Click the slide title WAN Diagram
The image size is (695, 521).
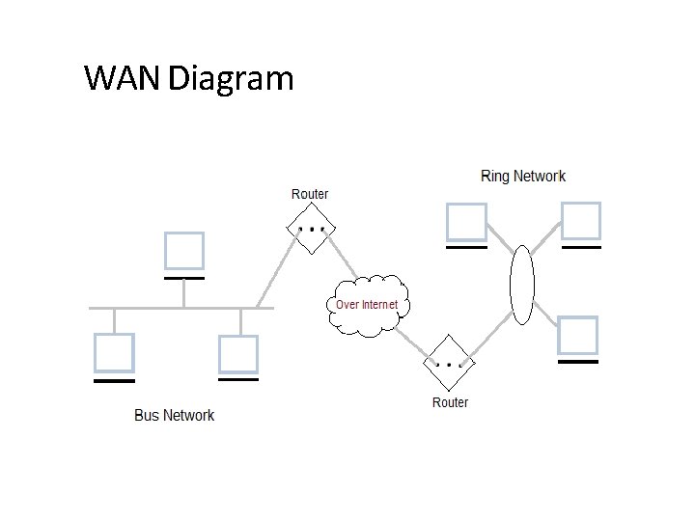(x=188, y=77)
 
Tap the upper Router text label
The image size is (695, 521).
(x=310, y=194)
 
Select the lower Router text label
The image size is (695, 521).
(x=450, y=402)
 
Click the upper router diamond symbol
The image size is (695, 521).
(x=312, y=230)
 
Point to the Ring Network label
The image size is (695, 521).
(x=523, y=176)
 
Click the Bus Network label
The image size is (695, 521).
(x=174, y=415)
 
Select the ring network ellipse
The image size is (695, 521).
(x=521, y=285)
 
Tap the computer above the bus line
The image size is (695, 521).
(x=183, y=251)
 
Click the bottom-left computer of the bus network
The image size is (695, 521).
(x=114, y=353)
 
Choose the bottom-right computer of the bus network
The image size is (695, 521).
(x=238, y=354)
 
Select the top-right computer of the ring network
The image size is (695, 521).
(x=581, y=221)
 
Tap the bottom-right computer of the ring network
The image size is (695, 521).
(x=578, y=336)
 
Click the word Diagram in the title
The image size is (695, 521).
(x=230, y=77)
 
